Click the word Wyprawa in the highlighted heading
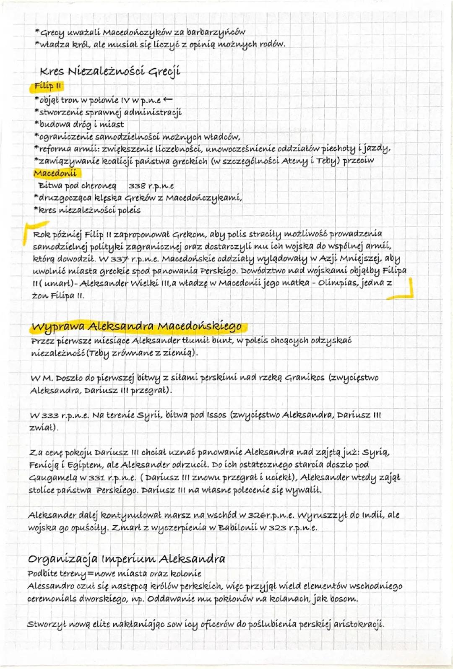pos(57,326)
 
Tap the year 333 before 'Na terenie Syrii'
pos(50,415)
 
